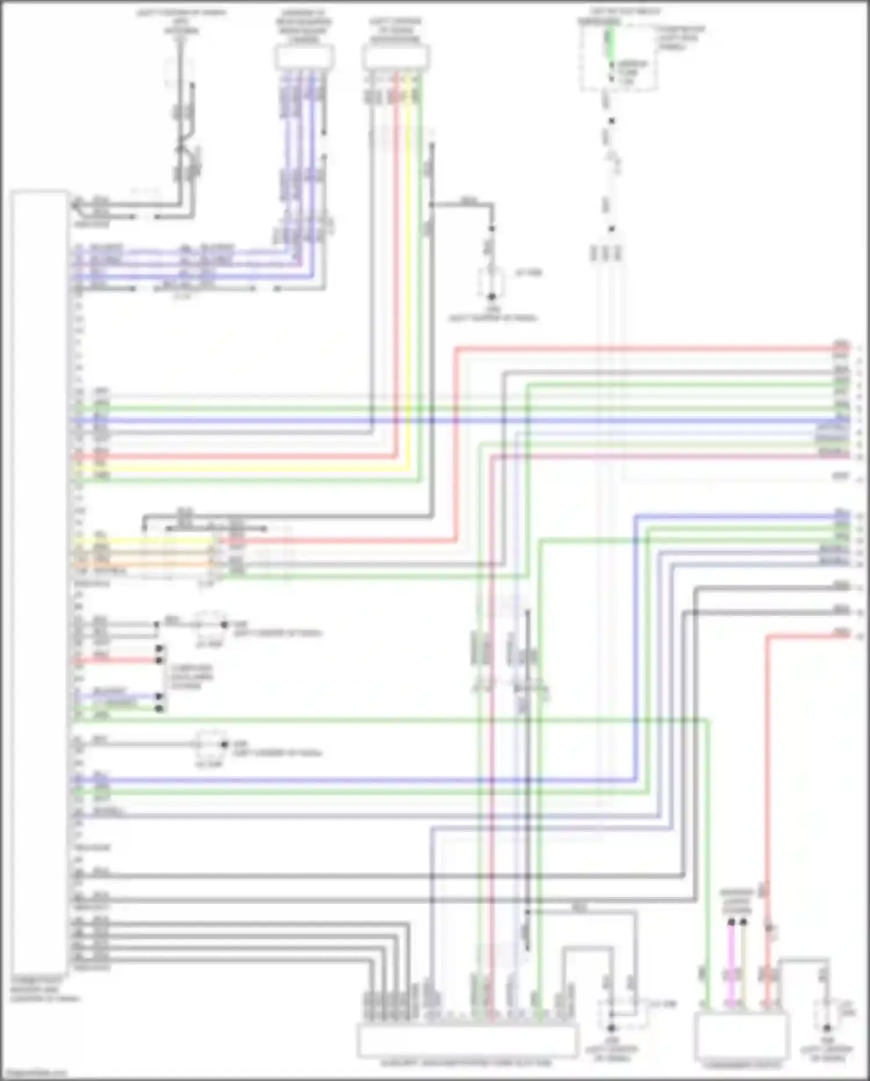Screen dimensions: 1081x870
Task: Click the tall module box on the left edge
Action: (38, 581)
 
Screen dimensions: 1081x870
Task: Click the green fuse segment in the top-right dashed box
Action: (609, 44)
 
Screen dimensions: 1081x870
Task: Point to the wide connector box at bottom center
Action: (467, 1040)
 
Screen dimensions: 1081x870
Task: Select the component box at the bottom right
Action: (741, 1037)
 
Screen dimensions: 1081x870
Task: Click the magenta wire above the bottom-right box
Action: (731, 964)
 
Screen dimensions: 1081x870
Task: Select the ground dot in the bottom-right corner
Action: (827, 1028)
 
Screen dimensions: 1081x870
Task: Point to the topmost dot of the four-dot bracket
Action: (160, 648)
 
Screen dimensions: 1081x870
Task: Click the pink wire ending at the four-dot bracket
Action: (116, 660)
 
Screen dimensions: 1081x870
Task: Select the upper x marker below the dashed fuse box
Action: (611, 121)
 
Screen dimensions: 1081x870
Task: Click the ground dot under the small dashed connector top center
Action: (491, 296)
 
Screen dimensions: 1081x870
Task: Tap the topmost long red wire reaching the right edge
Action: (638, 349)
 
